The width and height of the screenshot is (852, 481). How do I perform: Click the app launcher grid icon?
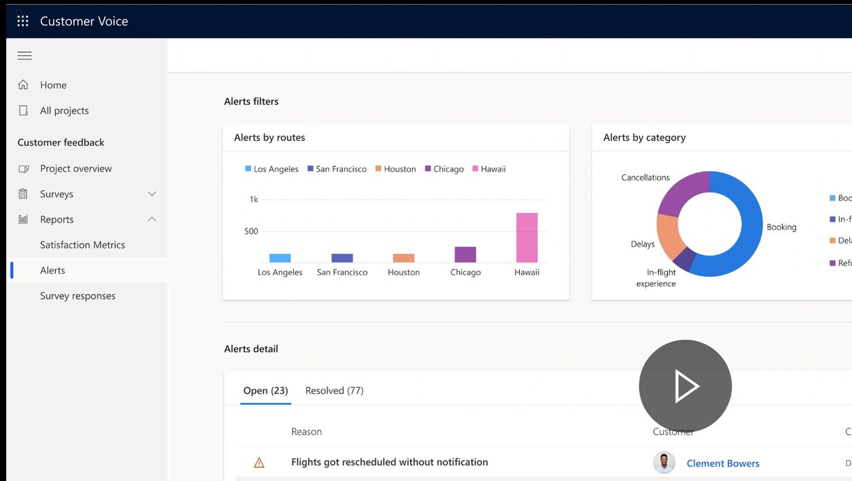point(23,21)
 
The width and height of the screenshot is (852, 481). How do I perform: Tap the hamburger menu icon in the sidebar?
point(25,56)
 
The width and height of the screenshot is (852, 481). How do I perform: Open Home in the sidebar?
point(53,85)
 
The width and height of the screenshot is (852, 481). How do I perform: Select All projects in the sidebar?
point(64,110)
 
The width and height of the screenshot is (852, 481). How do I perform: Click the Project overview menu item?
point(75,168)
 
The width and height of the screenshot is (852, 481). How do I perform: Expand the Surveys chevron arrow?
point(152,194)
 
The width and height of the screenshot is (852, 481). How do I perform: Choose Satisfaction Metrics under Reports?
point(82,245)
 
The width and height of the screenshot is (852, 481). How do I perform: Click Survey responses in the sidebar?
point(77,296)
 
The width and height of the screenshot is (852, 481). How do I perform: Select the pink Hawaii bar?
point(527,238)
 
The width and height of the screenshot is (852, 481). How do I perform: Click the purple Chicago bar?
point(465,254)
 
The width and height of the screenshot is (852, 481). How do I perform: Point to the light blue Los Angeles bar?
point(280,258)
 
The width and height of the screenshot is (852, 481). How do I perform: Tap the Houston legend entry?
point(395,169)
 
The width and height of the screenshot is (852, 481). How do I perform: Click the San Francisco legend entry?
point(337,169)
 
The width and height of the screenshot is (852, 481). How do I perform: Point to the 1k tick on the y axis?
point(254,200)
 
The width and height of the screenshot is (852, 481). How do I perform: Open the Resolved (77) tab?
point(334,391)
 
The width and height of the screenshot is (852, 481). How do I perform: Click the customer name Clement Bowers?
point(722,464)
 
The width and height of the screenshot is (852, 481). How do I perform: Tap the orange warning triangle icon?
point(259,463)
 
